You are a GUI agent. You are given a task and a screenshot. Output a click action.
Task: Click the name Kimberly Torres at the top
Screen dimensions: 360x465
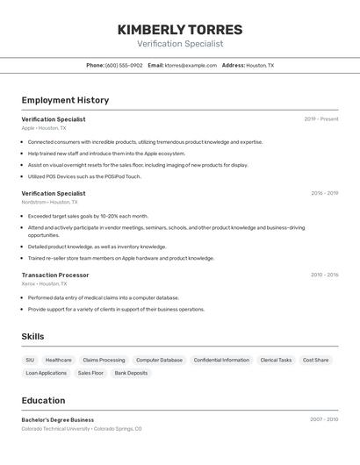pos(180,30)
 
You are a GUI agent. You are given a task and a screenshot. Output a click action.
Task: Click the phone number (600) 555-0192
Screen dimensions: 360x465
pos(124,66)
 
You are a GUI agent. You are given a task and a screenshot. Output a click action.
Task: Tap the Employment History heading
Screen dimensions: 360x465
pos(66,100)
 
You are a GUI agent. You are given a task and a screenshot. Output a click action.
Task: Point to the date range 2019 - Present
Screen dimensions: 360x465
pos(321,119)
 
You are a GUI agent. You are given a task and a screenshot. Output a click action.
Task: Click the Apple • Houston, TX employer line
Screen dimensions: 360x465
pos(44,128)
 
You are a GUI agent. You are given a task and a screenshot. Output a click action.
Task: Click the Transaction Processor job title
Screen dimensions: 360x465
pos(55,275)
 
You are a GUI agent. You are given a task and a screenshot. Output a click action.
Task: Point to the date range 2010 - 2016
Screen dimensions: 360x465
pos(324,275)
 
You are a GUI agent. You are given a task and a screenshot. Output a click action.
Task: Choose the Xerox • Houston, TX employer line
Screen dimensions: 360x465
pos(44,283)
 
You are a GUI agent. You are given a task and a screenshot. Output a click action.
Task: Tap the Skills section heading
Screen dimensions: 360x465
pos(33,336)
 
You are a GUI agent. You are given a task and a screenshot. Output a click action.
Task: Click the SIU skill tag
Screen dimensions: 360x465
pos(30,360)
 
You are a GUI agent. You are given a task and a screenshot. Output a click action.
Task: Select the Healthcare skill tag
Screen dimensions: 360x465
pos(59,360)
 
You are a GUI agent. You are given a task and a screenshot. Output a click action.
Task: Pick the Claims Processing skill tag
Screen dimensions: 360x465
pos(104,360)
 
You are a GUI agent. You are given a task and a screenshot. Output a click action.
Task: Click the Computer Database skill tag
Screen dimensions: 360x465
pos(159,360)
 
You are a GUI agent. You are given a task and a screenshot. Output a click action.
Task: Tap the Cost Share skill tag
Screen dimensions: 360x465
pos(315,360)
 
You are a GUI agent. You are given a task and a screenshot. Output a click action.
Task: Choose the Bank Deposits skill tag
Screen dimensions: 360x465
pos(131,373)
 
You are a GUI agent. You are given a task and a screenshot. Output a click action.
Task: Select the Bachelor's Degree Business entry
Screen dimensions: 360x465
pos(58,419)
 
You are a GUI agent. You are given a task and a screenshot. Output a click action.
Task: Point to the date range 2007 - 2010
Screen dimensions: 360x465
pos(324,419)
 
